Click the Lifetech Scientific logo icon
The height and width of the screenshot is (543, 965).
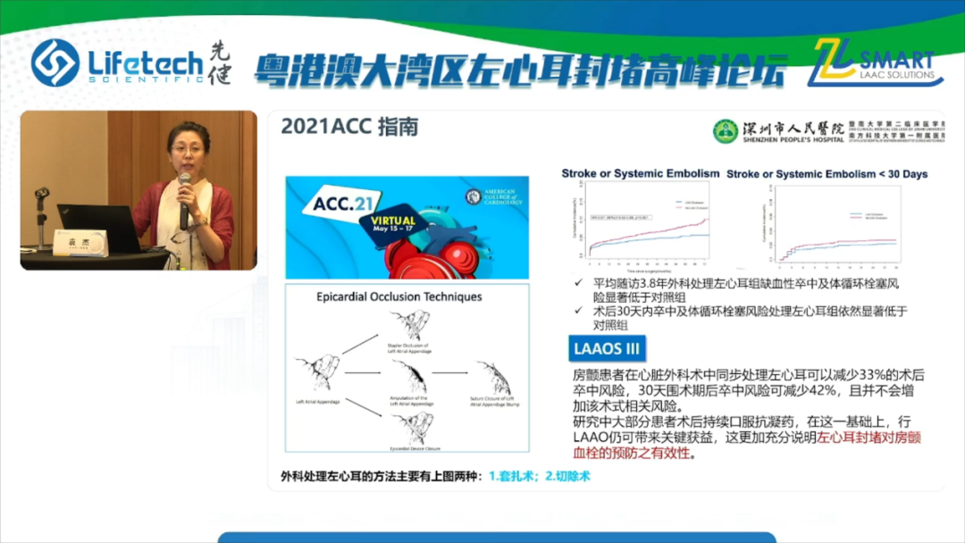tap(55, 63)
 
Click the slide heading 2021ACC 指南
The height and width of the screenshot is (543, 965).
tap(349, 128)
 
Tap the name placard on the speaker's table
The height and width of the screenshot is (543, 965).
tap(80, 242)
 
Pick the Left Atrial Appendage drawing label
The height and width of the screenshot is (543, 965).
tap(316, 401)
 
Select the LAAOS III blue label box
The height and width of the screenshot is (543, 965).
tap(608, 348)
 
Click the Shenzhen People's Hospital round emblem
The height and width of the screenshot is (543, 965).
tap(726, 131)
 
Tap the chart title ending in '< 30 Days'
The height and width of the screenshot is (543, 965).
tap(827, 174)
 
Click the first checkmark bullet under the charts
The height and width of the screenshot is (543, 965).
tap(581, 283)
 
